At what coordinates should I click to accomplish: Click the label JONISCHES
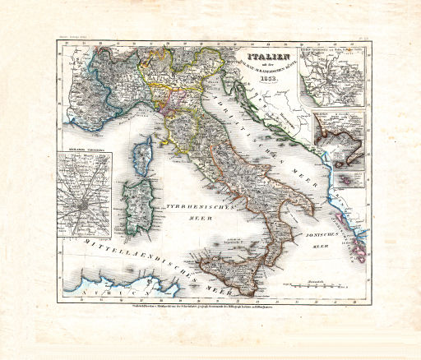(x=331, y=233)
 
